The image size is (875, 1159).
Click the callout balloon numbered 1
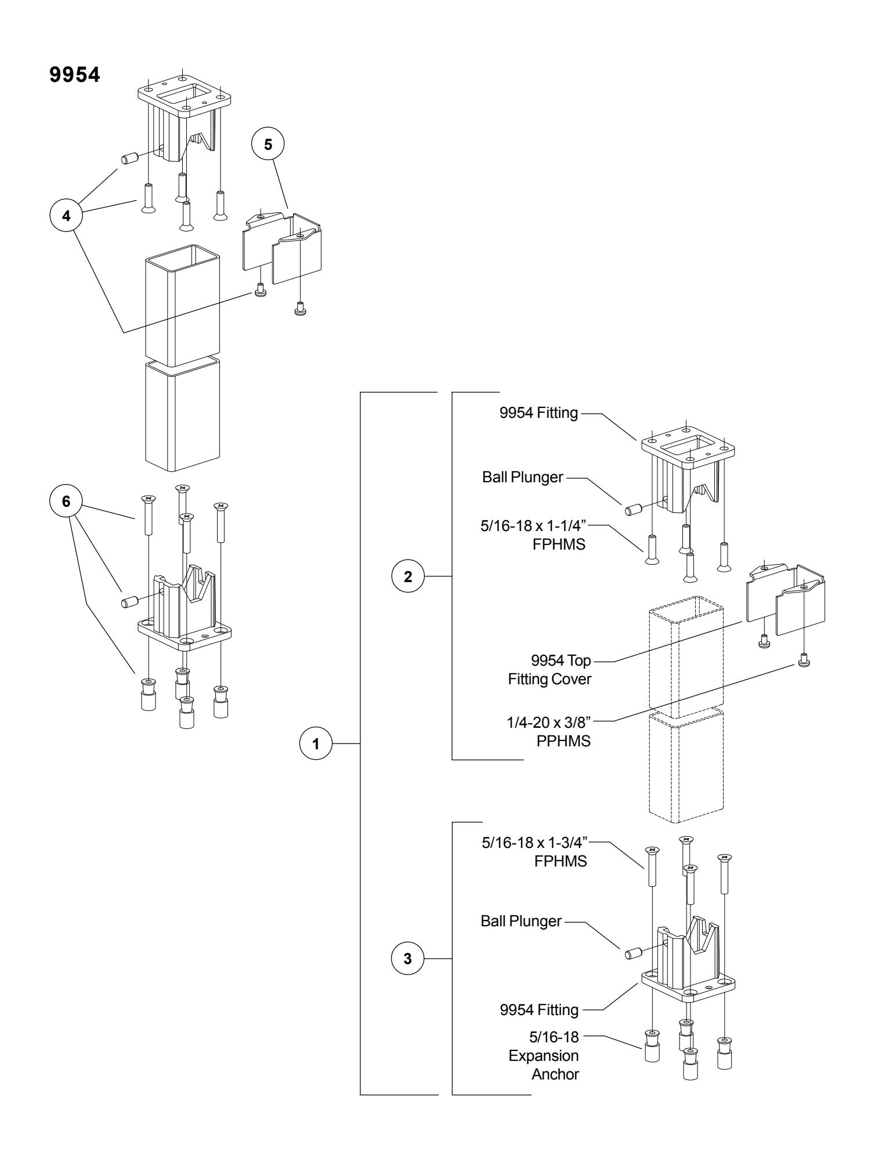(316, 743)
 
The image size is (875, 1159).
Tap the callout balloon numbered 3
(407, 959)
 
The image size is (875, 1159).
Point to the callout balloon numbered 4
(66, 215)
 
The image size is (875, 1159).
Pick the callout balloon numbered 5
(267, 145)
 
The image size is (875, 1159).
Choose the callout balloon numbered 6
(66, 501)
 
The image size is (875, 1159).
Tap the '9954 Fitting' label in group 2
(538, 414)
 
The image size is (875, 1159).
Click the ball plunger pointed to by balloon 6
(128, 602)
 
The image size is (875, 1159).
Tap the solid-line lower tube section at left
(183, 415)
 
